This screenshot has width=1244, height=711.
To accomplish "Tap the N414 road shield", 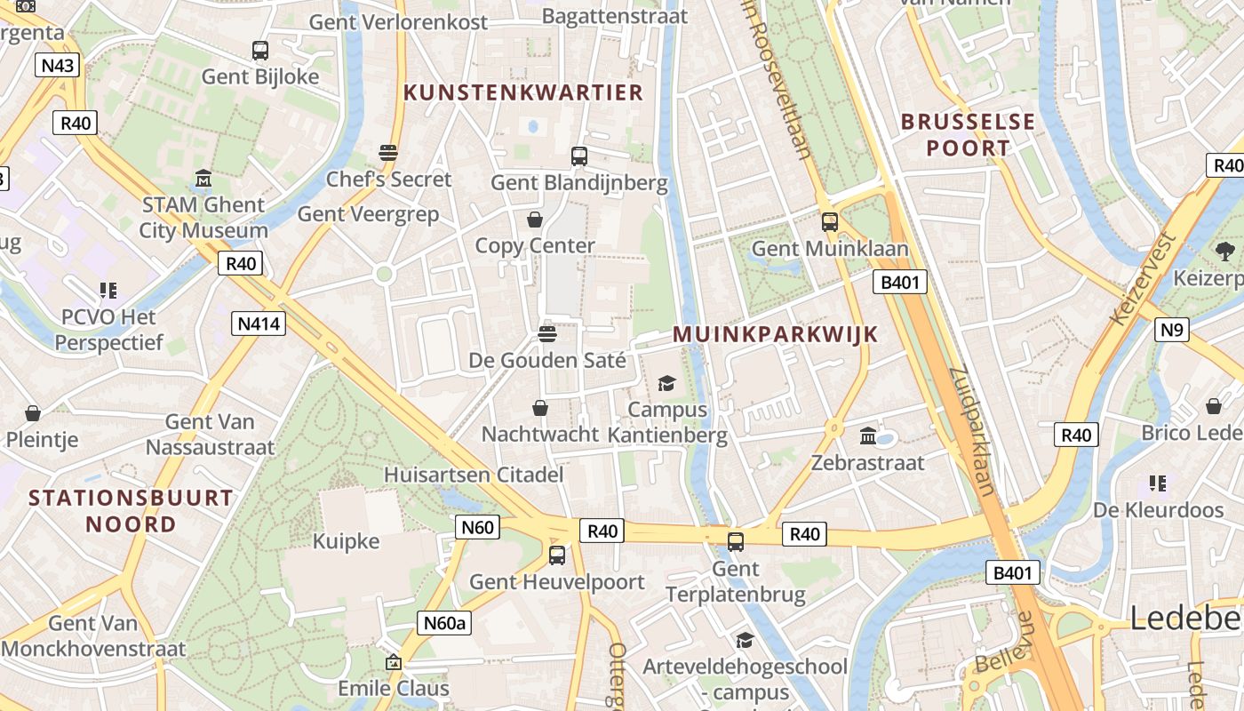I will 259,324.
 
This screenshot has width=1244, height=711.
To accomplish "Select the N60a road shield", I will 443,623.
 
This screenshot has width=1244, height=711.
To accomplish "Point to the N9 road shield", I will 1172,331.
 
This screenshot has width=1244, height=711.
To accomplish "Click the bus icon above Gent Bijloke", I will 260,51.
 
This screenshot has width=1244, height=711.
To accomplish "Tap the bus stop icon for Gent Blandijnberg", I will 579,156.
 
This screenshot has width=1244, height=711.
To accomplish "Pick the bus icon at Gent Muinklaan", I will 830,221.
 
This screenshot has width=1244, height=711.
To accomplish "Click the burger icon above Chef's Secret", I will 388,152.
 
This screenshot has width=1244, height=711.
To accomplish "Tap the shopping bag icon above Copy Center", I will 535,219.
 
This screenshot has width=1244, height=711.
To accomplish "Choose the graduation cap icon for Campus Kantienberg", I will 666,383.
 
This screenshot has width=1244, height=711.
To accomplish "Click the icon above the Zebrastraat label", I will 868,436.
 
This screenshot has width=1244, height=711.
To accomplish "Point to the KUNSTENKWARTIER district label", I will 523,92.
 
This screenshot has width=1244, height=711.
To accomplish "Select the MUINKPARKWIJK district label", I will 775,334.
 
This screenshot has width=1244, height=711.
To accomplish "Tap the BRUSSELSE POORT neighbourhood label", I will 969,134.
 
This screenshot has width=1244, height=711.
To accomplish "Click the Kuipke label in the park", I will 346,541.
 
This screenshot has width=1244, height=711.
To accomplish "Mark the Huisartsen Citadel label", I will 474,475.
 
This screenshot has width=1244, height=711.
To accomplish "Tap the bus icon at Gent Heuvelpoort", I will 557,555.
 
